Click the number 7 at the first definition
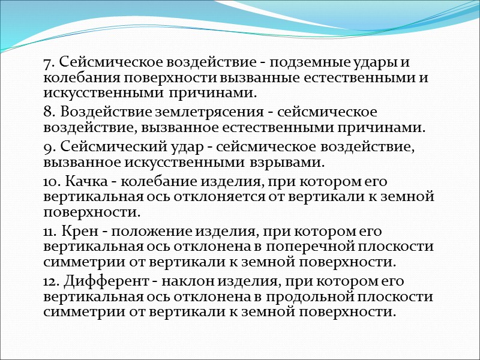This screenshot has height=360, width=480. (x=47, y=62)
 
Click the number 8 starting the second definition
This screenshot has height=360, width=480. (x=47, y=112)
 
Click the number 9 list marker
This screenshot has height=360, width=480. (x=47, y=147)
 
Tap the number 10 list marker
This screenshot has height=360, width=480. (x=50, y=181)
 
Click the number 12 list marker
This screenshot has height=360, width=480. (x=50, y=281)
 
